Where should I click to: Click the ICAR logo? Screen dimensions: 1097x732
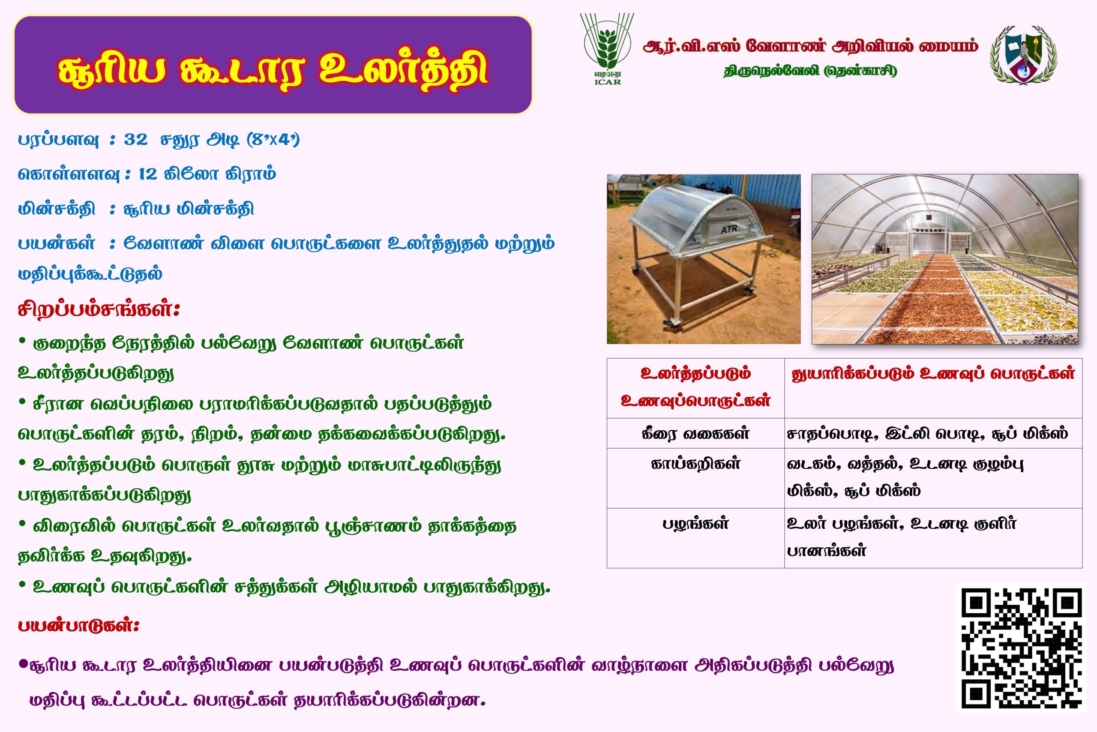(607, 48)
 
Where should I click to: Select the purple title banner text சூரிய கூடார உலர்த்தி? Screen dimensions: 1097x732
(273, 70)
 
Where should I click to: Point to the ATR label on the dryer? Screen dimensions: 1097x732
(728, 230)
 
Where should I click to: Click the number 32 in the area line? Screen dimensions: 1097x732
(135, 139)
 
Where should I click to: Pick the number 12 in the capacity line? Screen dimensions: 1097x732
(148, 174)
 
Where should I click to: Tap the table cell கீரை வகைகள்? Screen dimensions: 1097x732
(695, 433)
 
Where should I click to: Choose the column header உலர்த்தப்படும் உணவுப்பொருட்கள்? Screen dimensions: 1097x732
(695, 387)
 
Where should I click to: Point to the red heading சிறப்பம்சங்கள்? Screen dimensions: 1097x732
(99, 309)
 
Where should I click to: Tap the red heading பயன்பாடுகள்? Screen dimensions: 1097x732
(78, 625)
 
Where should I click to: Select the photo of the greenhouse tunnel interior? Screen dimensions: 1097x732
(945, 259)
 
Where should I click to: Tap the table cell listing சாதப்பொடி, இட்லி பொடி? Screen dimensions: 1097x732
(927, 433)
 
